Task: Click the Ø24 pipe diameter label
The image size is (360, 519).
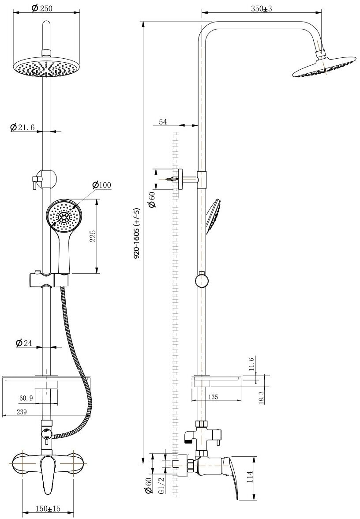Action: pos(25,342)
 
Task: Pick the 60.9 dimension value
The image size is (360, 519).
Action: pos(26,398)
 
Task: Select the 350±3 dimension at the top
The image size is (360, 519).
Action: pos(261,8)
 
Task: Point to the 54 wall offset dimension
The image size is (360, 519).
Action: pos(163,122)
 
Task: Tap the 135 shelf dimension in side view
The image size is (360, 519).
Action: pos(213,397)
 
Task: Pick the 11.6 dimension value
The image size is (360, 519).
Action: pos(251,365)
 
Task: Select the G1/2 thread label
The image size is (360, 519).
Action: pos(161,485)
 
